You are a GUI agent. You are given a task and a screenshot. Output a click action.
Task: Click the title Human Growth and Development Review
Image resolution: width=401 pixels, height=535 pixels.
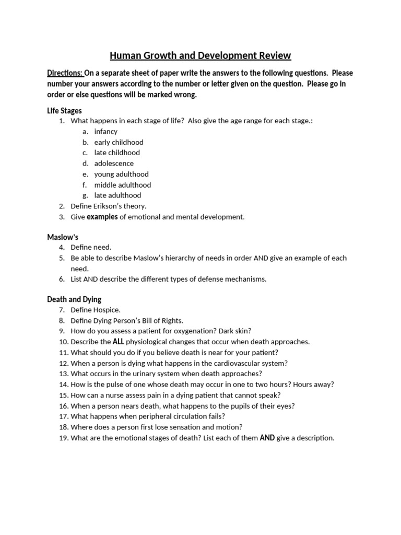[200, 55]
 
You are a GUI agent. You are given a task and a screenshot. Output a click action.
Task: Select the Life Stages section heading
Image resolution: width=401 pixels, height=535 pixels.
[64, 111]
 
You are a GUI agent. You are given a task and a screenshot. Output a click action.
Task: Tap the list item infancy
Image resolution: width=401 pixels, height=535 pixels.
[105, 132]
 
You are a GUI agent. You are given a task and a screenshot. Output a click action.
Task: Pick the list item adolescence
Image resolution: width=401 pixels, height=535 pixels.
[114, 164]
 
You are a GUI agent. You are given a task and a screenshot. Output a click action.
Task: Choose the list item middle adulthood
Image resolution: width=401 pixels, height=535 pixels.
[122, 185]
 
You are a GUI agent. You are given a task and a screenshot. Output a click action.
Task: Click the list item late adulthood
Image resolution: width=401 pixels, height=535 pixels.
[117, 195]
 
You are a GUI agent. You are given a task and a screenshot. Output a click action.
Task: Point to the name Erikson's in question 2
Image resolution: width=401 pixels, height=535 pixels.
[110, 206]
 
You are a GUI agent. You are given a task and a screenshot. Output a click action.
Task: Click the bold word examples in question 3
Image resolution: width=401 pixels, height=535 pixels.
[102, 217]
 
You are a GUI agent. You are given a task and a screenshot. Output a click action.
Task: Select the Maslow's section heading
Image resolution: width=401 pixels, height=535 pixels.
[63, 237]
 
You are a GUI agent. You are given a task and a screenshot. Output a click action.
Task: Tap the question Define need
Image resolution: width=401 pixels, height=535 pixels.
[91, 247]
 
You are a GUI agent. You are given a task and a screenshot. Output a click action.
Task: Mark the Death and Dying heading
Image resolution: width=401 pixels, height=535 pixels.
[74, 299]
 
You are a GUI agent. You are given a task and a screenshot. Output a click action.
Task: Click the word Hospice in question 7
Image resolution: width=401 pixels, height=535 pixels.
[108, 310]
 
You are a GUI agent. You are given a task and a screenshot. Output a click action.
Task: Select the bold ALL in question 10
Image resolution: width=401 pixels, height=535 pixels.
[118, 342]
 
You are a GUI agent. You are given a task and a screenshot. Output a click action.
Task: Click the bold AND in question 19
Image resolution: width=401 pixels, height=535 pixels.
[267, 438]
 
